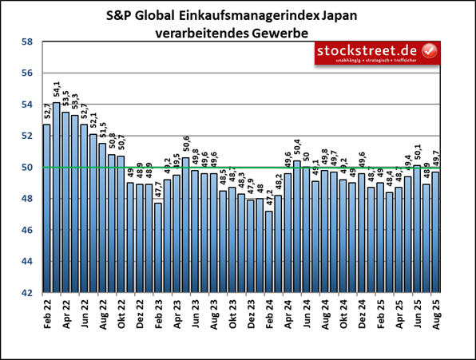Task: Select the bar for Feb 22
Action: tap(46, 208)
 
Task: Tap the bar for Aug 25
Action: tap(435, 232)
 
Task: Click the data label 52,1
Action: tap(93, 122)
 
